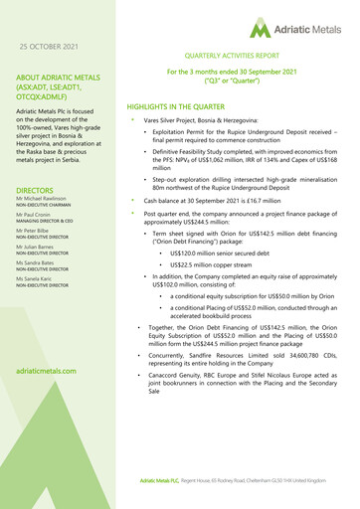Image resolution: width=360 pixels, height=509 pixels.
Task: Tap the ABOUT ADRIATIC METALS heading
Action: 61,85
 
